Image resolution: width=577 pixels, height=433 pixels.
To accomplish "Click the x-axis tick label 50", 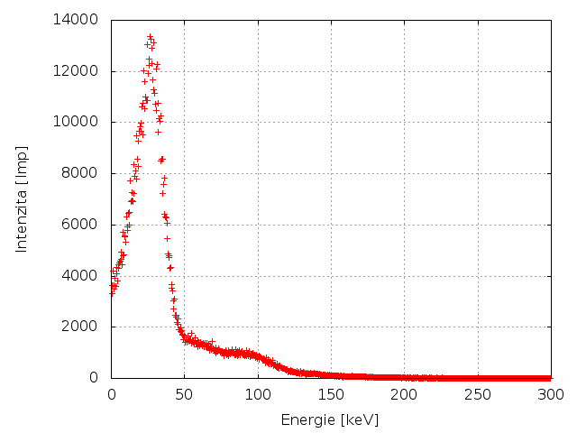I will [x=184, y=394].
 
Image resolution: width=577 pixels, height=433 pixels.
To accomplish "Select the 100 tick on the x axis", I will [x=258, y=394].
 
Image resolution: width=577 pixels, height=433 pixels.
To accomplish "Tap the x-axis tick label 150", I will [x=331, y=394].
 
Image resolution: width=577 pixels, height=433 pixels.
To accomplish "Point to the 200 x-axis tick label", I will [x=404, y=394].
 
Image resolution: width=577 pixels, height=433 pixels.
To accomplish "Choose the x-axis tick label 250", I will [x=478, y=394].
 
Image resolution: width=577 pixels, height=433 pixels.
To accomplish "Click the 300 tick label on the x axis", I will [x=551, y=394].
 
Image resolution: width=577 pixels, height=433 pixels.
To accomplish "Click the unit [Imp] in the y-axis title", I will [x=23, y=162].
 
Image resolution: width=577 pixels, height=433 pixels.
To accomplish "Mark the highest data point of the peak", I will [x=150, y=37].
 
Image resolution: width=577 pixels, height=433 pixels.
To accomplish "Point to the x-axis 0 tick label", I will [x=111, y=394].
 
